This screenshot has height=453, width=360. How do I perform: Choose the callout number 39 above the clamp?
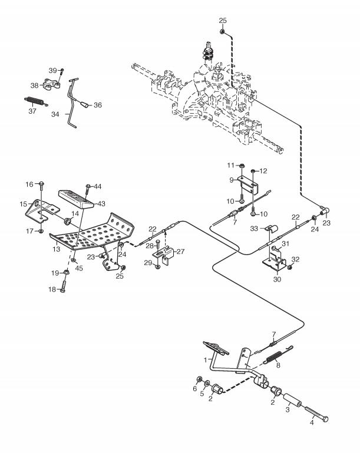pyautogui.click(x=52, y=71)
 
